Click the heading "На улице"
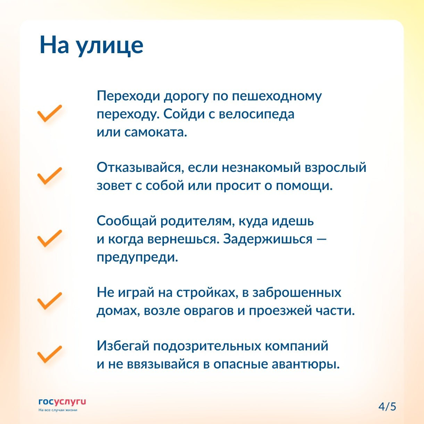pos(92,45)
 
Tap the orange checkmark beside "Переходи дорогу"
pos(50,113)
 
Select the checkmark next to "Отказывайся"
pos(50,176)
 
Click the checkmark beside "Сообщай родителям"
pos(50,238)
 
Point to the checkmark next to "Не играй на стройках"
pos(50,301)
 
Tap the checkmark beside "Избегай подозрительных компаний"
pos(50,355)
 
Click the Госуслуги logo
pos(62,402)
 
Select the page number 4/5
pos(387,407)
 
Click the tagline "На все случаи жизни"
pos(58,410)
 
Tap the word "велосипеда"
pos(257,114)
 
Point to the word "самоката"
pos(156,132)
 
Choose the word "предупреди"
pos(137,257)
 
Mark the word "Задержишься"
pos(268,239)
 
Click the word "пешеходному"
pos(277,97)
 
